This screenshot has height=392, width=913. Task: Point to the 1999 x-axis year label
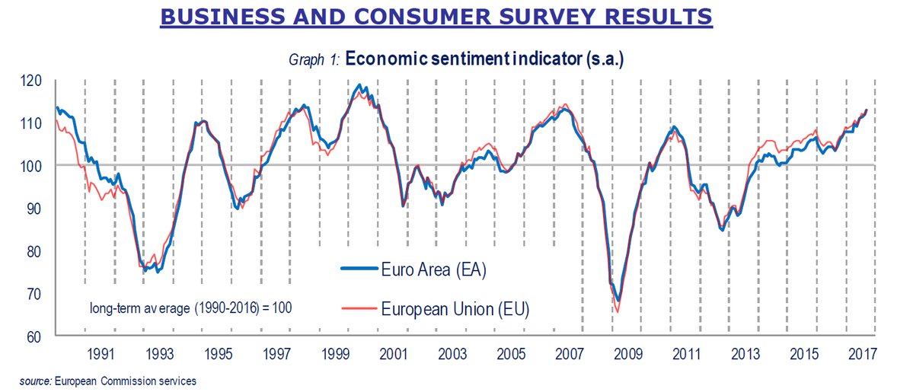[x=335, y=354]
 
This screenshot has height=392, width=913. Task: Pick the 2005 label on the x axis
[x=512, y=354]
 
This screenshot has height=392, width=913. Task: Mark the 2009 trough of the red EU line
[x=617, y=311]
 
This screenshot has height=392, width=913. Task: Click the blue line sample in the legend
[x=361, y=269]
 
